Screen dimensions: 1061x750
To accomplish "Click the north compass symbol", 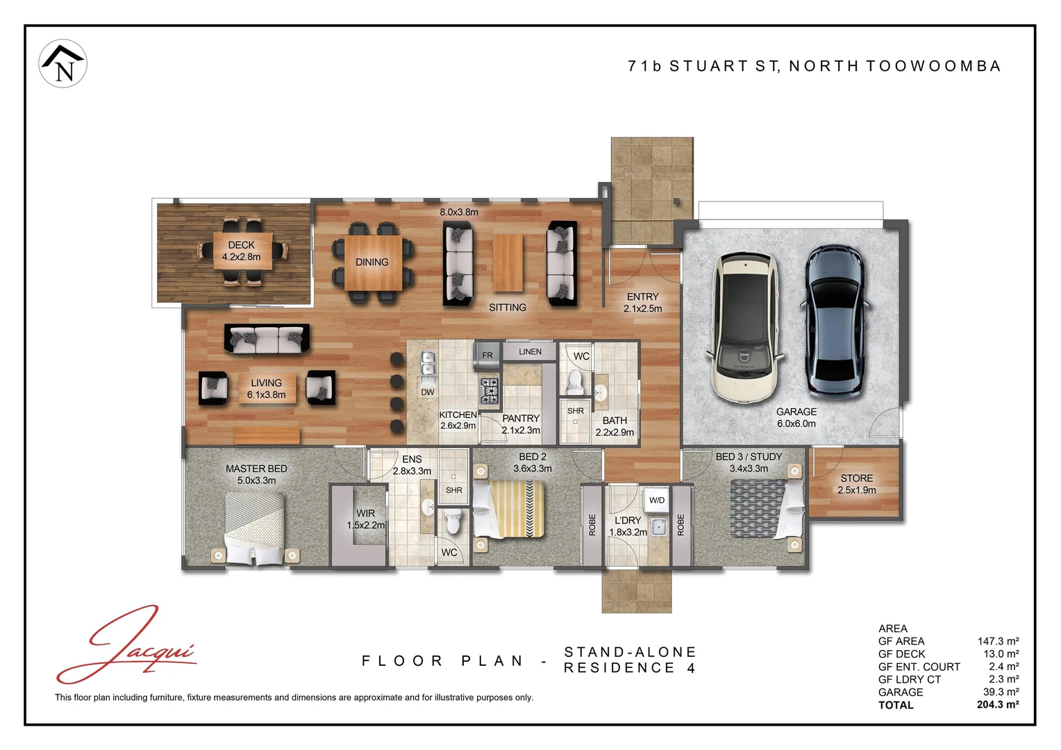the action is [62, 63].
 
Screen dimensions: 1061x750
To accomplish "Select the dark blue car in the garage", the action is [835, 322].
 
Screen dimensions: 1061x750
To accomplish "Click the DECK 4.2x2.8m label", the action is [242, 251].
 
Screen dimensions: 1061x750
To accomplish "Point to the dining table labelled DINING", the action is [373, 262].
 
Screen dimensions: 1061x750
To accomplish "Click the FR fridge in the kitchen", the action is [487, 356].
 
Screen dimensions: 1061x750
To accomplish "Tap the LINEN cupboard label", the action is [530, 351].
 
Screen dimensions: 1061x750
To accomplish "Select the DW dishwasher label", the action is [427, 392].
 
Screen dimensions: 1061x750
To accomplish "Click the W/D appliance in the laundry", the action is [656, 500].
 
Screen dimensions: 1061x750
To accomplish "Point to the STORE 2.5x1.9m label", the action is [856, 484].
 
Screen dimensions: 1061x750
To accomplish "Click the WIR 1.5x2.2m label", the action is [366, 519].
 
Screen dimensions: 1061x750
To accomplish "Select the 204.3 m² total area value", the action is [998, 705].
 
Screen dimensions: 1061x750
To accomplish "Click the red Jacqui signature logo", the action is [126, 645].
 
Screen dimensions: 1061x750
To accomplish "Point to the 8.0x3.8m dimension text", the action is [458, 212].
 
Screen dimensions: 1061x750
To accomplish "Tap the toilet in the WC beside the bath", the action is [574, 382].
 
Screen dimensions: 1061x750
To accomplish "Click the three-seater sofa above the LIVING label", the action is [267, 338].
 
